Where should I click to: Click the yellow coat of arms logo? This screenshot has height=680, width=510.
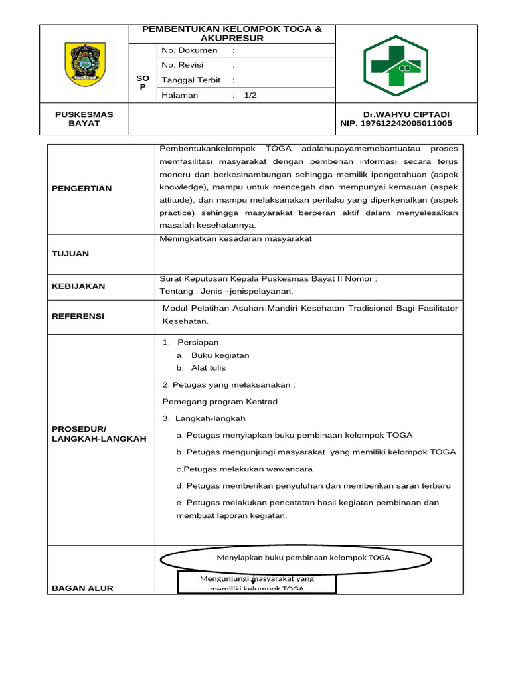(84, 64)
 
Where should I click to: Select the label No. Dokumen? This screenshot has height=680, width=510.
(189, 50)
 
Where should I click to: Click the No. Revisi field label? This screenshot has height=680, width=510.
(183, 65)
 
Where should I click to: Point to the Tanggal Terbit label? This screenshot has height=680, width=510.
(191, 80)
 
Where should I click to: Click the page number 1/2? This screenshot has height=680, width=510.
(250, 95)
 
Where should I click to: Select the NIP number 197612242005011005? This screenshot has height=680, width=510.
(396, 123)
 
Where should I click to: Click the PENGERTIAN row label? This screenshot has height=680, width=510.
(82, 188)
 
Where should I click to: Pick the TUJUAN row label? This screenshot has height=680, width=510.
(70, 254)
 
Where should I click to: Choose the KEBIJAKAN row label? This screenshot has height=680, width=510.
(78, 286)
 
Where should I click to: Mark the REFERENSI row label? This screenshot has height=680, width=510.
(78, 316)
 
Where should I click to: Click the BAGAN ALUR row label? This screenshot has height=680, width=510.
(82, 588)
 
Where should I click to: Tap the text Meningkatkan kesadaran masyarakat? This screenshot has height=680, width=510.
(236, 238)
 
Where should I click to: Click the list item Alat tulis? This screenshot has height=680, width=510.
(209, 368)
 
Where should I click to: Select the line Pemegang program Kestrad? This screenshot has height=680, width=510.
(220, 401)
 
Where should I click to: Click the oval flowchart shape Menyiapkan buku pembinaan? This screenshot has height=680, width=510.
(303, 558)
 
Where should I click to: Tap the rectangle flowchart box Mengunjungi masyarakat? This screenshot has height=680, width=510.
(257, 584)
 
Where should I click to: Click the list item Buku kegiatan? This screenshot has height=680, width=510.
(220, 355)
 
